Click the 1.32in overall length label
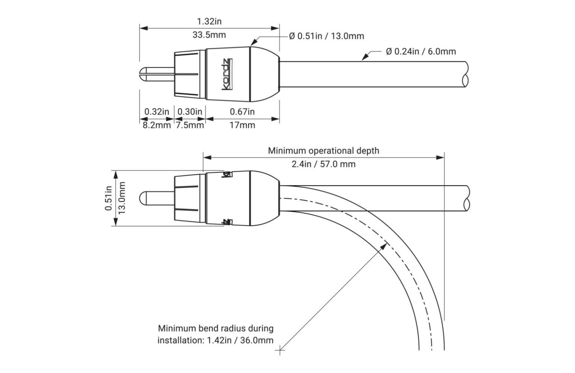point(209,21)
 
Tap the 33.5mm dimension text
point(209,35)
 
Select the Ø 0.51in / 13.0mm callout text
point(327,36)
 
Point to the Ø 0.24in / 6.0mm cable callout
point(421,51)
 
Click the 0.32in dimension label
point(156,112)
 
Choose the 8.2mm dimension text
point(156,125)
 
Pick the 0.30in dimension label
point(190,112)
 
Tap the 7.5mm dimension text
point(190,125)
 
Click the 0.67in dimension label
point(242,112)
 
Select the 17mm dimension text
point(242,125)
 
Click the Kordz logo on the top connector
point(227,74)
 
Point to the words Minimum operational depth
point(324,150)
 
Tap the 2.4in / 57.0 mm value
point(324,164)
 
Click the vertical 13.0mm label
point(122,198)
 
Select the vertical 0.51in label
point(108,198)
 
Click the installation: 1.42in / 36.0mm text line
point(215,340)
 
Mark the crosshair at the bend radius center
point(280,350)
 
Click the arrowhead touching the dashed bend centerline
point(384,246)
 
